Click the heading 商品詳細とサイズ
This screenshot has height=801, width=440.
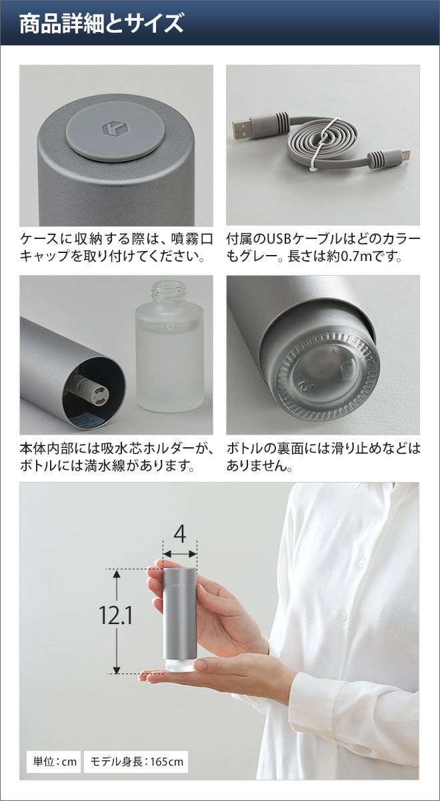[101, 24]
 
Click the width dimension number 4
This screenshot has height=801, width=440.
[180, 535]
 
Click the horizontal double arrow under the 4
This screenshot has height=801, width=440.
[179, 555]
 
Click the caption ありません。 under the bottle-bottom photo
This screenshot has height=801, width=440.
[259, 466]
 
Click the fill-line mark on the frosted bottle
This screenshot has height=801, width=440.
[170, 327]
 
